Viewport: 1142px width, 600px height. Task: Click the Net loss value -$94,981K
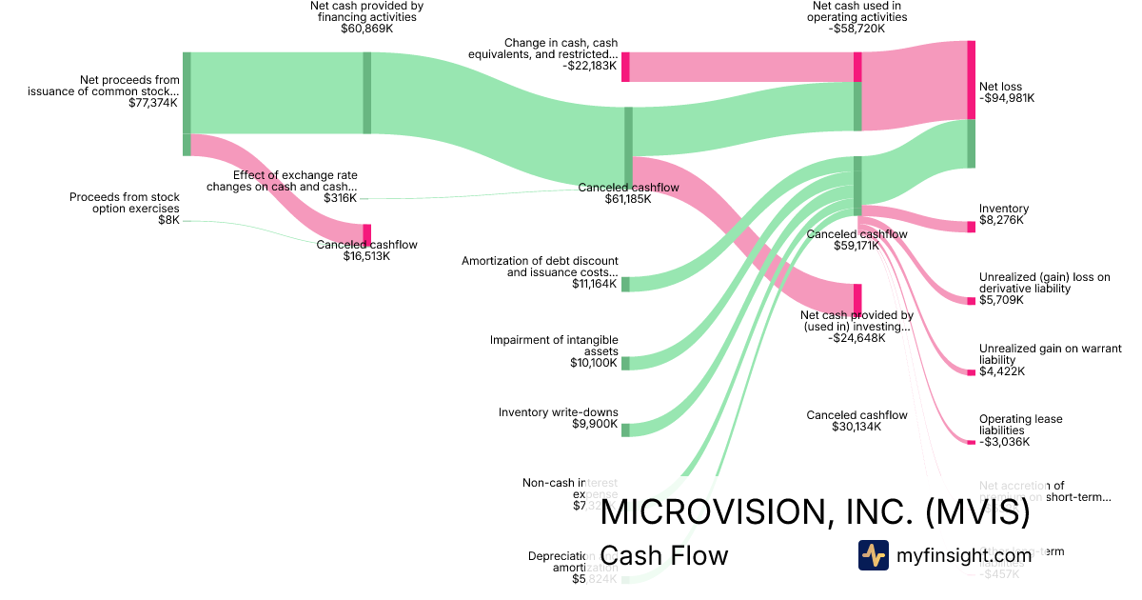1007,98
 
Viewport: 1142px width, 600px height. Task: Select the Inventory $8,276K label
1003,214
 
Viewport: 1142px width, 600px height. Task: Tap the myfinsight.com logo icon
873,555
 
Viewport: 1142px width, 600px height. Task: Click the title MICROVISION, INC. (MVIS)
816,513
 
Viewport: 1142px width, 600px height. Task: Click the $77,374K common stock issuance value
152,103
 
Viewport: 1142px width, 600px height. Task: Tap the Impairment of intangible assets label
554,346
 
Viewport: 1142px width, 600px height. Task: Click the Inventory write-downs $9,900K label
558,418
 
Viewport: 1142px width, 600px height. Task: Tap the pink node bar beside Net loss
971,80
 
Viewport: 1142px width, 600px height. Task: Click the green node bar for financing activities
367,92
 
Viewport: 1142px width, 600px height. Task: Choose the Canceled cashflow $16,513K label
366,250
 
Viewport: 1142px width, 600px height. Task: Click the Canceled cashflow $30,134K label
856,421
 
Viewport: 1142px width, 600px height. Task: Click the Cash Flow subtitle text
664,555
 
